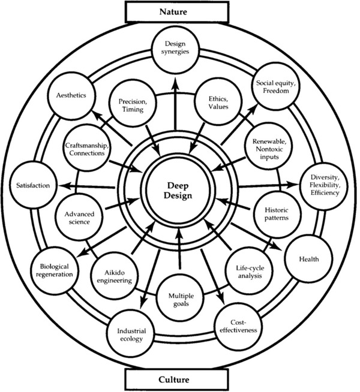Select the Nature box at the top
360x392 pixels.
point(179,11)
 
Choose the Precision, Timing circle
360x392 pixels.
point(131,106)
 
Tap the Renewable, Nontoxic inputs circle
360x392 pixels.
point(265,149)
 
